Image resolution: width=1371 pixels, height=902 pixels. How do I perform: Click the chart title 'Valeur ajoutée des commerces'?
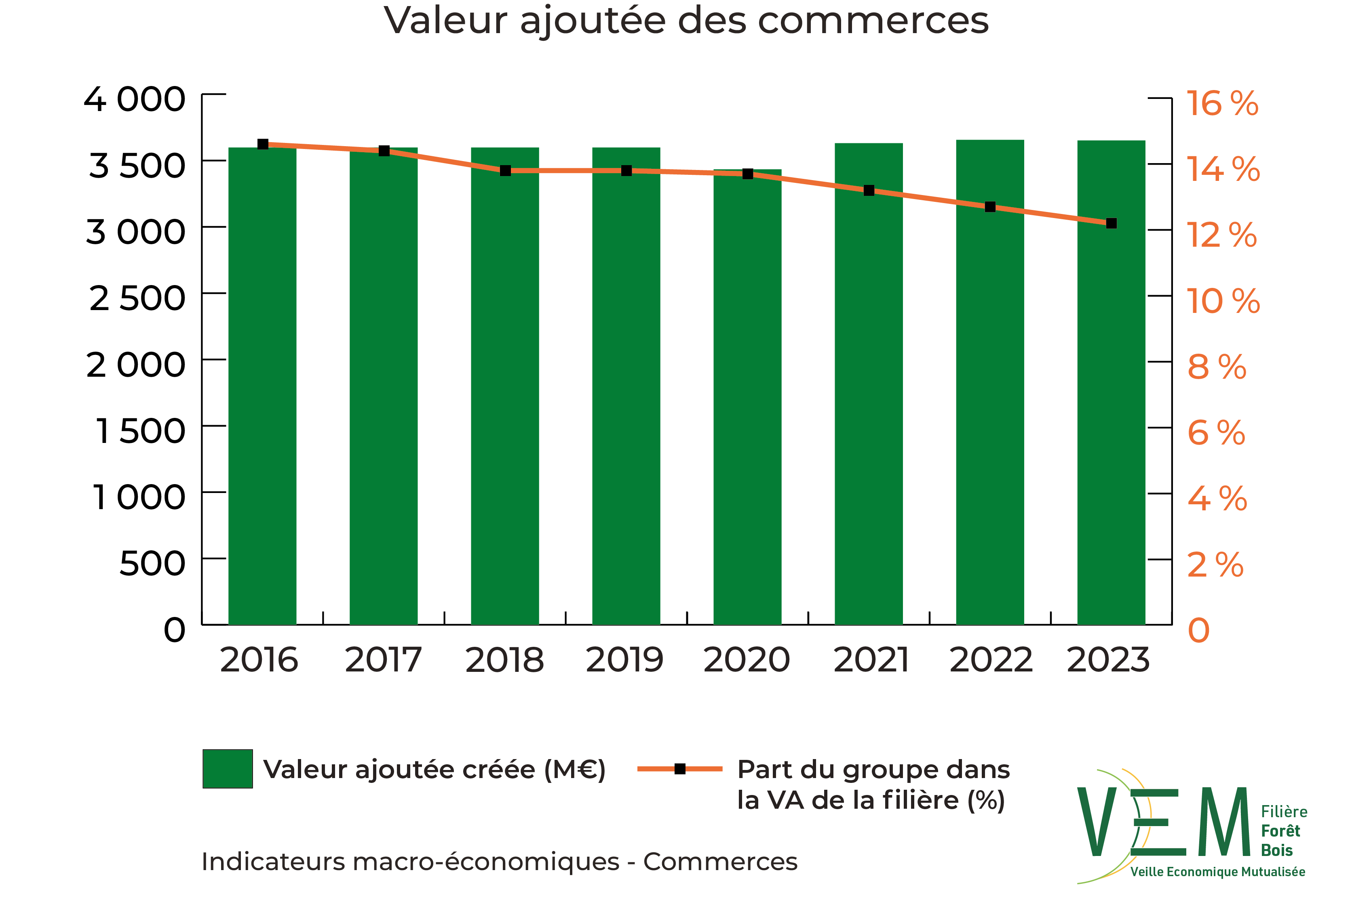point(685,21)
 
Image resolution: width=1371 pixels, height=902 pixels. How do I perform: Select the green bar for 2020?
point(747,397)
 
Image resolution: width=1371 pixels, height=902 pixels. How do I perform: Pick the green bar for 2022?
point(990,383)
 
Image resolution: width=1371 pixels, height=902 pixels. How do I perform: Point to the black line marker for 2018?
point(505,170)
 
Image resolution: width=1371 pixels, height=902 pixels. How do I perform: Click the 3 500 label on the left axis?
point(137,166)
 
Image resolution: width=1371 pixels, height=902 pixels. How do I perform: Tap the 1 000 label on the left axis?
point(139,497)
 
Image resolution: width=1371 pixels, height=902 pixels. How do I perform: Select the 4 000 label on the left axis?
point(135,100)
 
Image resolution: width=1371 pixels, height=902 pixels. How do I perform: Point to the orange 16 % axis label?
point(1221,104)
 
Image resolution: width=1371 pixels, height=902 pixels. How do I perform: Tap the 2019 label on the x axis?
point(625,660)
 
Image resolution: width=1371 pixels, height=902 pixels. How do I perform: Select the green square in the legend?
point(228,768)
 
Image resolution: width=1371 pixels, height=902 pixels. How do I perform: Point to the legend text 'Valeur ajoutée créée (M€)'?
point(435,770)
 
